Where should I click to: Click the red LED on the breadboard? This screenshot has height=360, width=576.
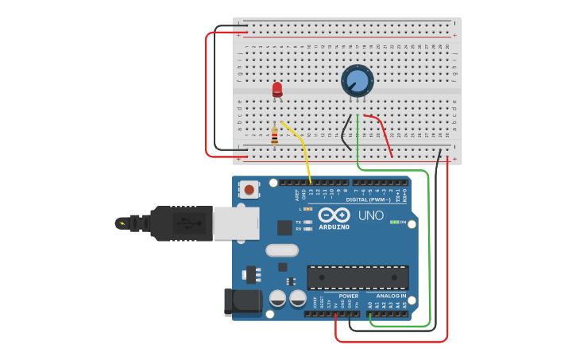tap(277, 89)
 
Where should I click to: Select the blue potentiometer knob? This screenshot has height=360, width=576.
tap(358, 81)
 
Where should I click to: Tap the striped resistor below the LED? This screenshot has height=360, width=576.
tap(275, 137)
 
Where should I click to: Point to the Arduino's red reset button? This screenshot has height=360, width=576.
tap(249, 190)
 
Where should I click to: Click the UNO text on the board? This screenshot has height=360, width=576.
tap(370, 215)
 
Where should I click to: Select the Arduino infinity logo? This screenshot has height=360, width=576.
tap(334, 215)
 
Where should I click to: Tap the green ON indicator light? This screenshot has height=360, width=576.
tap(394, 222)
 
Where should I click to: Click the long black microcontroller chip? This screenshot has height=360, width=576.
tap(358, 277)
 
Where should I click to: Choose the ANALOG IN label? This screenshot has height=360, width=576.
tap(391, 296)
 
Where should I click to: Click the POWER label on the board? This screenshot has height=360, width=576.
tap(348, 296)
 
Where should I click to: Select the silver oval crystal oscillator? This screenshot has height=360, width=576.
tap(281, 250)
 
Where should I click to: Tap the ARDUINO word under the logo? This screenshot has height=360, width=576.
tap(334, 227)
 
